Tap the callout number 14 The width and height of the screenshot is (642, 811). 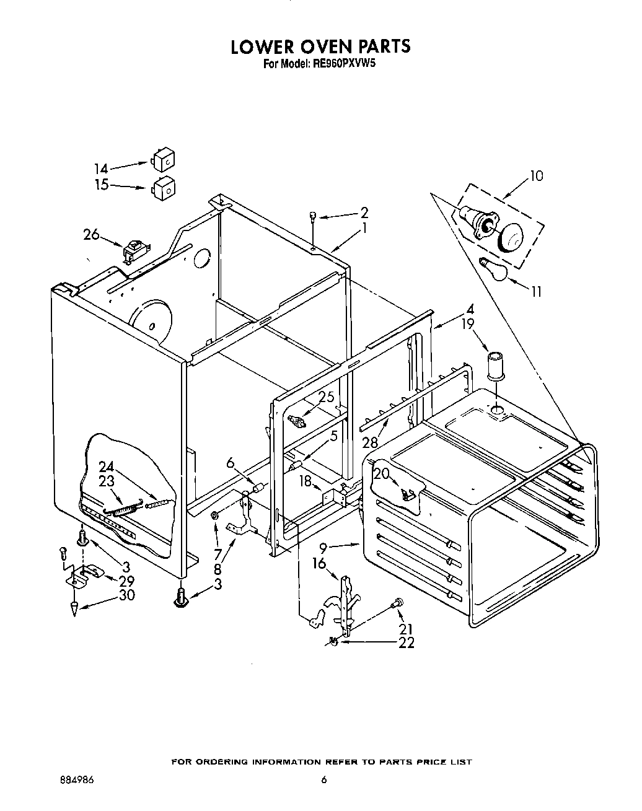tap(101, 169)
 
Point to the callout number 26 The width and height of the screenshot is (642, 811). tap(91, 235)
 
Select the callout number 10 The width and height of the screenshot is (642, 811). tap(536, 176)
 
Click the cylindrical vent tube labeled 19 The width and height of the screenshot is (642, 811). tap(495, 365)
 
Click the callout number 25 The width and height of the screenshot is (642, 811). tap(327, 397)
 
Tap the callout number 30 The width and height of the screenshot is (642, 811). tap(126, 595)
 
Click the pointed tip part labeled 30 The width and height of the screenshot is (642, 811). tap(75, 609)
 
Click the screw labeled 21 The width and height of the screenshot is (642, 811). tap(398, 601)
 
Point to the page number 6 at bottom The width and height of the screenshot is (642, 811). tap(323, 779)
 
